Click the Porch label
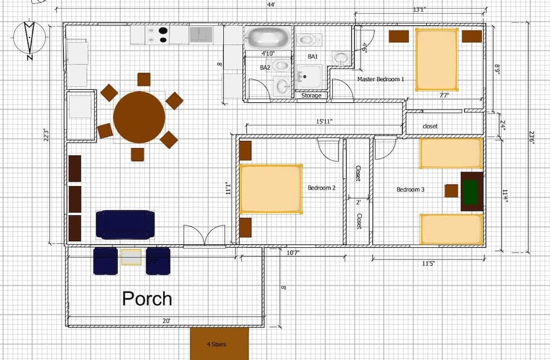(x=147, y=299)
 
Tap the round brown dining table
(x=139, y=117)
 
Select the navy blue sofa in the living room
(x=125, y=225)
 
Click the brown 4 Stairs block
(x=219, y=344)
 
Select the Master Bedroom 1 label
(x=381, y=79)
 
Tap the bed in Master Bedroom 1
(x=437, y=59)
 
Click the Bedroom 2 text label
(x=322, y=188)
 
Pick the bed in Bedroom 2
(x=271, y=189)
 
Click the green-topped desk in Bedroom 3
(x=471, y=191)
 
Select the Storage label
(x=311, y=96)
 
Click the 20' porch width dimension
(x=166, y=320)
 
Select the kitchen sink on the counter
(x=201, y=35)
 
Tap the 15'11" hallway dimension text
(x=324, y=121)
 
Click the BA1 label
(x=312, y=56)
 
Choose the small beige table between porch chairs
(x=131, y=257)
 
